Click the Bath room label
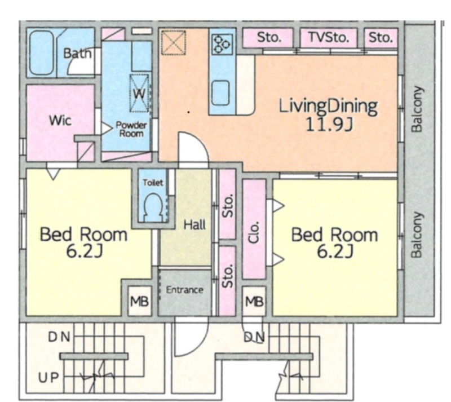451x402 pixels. [x=77, y=54]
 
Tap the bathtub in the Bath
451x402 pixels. [x=42, y=52]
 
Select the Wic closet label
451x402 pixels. [x=60, y=120]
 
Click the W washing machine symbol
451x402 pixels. [x=139, y=93]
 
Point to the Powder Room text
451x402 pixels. [x=131, y=129]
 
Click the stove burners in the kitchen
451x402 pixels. [x=222, y=44]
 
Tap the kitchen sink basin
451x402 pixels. [x=220, y=93]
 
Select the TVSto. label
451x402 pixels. [x=329, y=37]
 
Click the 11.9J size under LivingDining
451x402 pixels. [x=329, y=125]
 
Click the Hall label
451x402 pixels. [x=194, y=224]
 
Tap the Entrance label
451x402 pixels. [x=185, y=290]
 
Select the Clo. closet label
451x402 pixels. [x=254, y=232]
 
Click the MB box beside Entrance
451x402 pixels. [x=139, y=302]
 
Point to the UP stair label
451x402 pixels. [x=48, y=378]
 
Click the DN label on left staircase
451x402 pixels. [x=59, y=337]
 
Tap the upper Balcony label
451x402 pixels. [x=417, y=109]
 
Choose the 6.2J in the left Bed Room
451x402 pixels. [x=83, y=251]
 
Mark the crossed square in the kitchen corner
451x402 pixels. [x=173, y=42]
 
